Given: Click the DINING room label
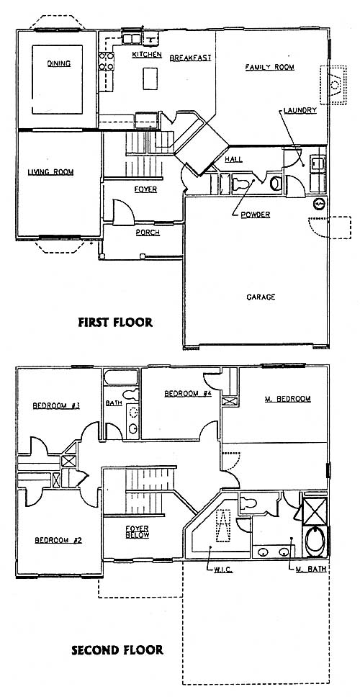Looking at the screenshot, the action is [58, 63].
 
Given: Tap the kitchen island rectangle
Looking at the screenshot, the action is [150, 78].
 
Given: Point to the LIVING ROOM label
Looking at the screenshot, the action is [50, 172].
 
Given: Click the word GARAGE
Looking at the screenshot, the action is [261, 297].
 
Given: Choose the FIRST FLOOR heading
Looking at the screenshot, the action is [115, 322].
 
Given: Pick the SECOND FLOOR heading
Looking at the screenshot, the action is [117, 650].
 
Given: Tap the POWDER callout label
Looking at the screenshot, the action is [255, 215].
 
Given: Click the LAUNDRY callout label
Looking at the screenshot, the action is [300, 110].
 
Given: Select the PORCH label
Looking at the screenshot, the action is [148, 233].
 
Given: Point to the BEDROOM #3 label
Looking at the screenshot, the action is [56, 405].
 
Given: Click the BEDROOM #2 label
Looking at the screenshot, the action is [58, 540].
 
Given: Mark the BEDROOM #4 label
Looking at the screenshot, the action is [187, 393].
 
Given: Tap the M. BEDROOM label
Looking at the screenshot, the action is [287, 399].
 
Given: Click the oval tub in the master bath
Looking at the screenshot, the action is [315, 541].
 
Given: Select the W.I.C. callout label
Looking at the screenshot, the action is [221, 570].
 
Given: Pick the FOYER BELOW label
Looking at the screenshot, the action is [137, 531].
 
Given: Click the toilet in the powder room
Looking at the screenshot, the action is [241, 184].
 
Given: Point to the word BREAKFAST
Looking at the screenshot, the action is [190, 58].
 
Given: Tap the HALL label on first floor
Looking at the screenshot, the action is [233, 159].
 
